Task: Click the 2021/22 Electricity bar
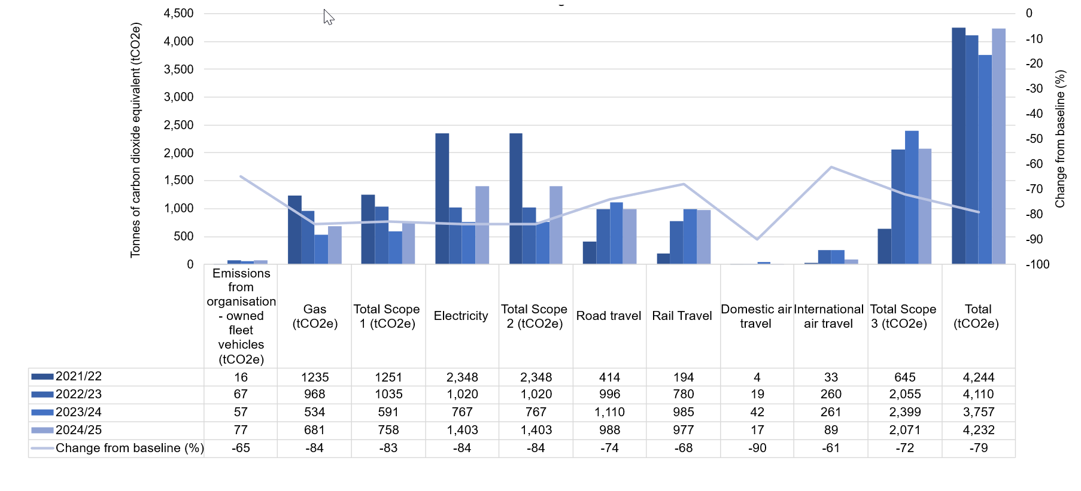click(x=442, y=199)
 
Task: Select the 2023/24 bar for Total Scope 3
click(x=912, y=197)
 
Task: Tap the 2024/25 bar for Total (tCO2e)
click(x=998, y=147)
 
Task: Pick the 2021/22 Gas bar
click(x=294, y=230)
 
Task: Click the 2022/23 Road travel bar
click(x=603, y=236)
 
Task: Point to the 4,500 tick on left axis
click(x=179, y=13)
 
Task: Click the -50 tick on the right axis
click(x=1034, y=139)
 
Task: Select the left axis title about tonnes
click(x=136, y=140)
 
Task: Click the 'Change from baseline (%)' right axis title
click(x=1060, y=139)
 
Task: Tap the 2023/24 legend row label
click(x=78, y=412)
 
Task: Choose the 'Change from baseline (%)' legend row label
click(x=129, y=448)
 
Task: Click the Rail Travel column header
click(x=682, y=316)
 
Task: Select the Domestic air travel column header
click(x=757, y=316)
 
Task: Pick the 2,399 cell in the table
click(x=904, y=412)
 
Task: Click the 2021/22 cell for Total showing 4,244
click(x=978, y=377)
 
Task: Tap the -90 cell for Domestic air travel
click(x=757, y=448)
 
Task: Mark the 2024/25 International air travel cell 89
click(x=831, y=430)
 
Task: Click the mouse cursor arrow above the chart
click(x=327, y=16)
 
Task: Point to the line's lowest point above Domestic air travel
click(x=757, y=239)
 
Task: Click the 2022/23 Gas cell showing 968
click(x=314, y=394)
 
